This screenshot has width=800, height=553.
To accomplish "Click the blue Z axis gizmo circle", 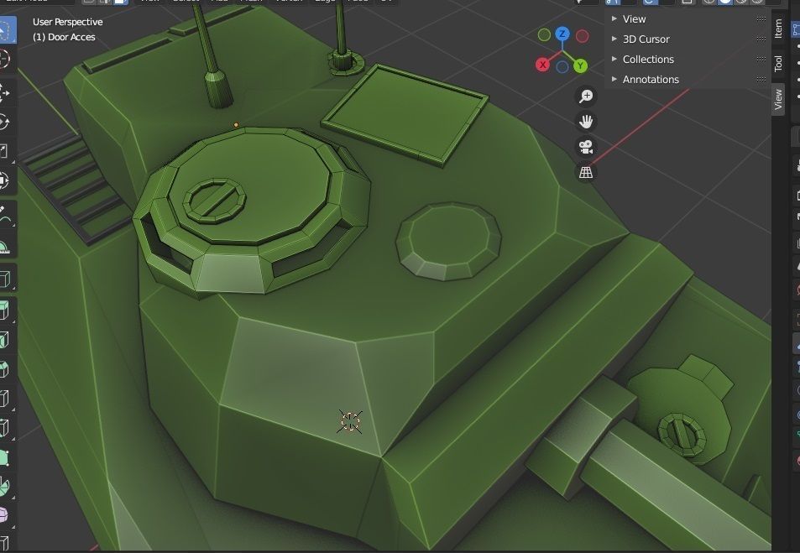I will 562,34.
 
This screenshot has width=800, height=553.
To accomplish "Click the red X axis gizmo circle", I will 543,65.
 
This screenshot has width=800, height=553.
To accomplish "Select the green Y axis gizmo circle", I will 581,65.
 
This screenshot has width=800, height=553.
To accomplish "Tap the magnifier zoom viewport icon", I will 586,97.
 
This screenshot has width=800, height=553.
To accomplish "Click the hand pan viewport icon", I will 586,122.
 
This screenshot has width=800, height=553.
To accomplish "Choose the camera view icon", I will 586,147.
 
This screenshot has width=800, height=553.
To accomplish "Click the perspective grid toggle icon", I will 586,172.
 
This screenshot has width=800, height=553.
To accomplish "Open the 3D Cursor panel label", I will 646,39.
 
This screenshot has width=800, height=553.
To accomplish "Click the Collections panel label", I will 648,59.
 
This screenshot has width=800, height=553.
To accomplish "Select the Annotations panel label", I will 651,79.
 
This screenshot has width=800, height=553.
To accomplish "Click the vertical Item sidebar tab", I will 778,29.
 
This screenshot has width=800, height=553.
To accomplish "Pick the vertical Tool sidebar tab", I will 778,63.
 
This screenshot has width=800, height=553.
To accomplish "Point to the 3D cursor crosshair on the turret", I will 350,421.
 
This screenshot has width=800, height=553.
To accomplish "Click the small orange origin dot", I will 236,125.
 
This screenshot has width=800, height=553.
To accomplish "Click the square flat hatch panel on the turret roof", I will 405,112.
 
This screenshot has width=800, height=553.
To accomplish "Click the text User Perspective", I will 68,22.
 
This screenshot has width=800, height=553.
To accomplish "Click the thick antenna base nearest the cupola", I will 217,88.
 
